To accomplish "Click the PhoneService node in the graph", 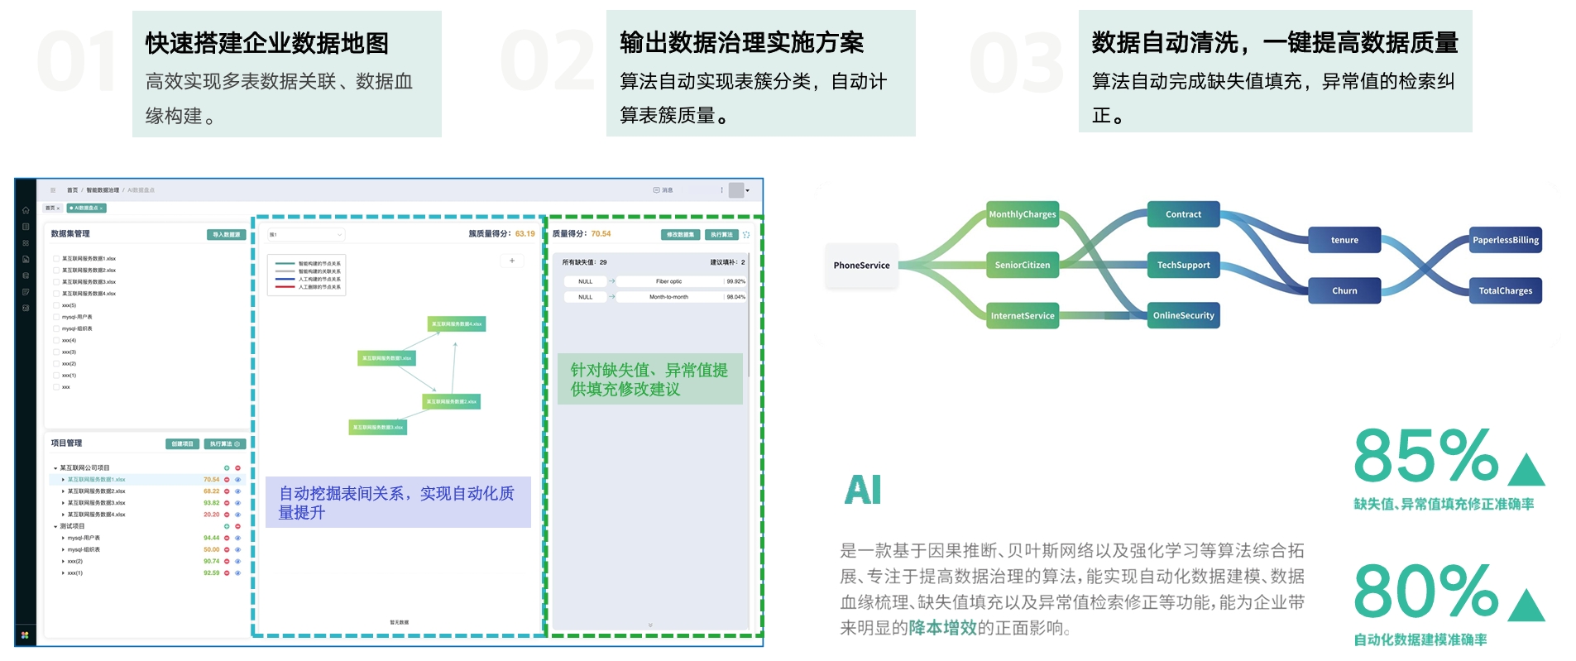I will (x=861, y=266).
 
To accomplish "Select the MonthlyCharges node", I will (x=1023, y=214).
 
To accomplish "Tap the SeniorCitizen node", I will (x=1023, y=265).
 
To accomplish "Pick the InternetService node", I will (x=1023, y=315).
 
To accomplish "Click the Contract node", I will (x=1183, y=214).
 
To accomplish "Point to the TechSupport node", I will (x=1183, y=265).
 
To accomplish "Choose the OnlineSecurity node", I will (x=1183, y=315).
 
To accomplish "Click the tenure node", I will (x=1344, y=240).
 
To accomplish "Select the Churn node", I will (x=1344, y=290).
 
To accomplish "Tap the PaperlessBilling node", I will (x=1505, y=240).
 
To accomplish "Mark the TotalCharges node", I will (x=1505, y=290).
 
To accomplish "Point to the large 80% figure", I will (x=1425, y=591).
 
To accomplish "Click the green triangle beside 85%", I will (x=1526, y=470).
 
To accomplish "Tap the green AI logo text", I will (x=863, y=490).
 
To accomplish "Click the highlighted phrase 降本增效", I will (x=942, y=628).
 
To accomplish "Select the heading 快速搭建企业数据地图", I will (x=266, y=43).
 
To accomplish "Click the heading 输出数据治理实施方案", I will (x=741, y=42).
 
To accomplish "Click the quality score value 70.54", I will (x=601, y=234).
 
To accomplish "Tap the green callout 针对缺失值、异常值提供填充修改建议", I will (x=649, y=380).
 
